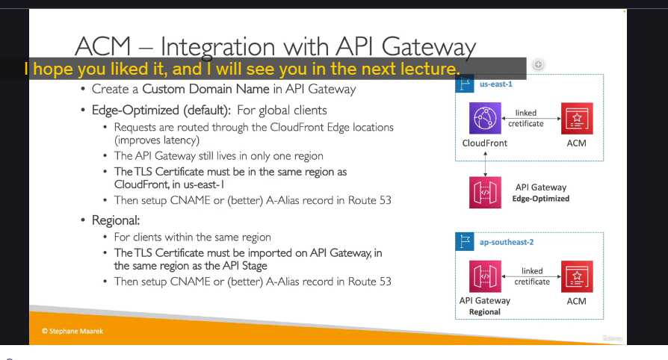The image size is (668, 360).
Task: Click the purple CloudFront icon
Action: click(x=485, y=118)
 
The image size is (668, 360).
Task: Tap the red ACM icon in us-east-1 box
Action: click(x=577, y=118)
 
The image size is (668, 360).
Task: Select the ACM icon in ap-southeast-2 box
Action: click(x=577, y=276)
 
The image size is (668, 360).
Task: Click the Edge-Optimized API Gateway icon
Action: click(x=485, y=192)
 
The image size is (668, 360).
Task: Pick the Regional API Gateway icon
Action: click(x=485, y=276)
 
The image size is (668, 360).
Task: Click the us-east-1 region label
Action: click(x=496, y=84)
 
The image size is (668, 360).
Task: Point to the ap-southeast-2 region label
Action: click(x=507, y=242)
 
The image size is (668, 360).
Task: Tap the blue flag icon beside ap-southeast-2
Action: click(x=465, y=242)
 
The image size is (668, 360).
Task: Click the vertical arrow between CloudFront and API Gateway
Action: click(x=485, y=164)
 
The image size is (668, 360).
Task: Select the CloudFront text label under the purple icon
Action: click(x=485, y=143)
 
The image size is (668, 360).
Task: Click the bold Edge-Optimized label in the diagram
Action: click(x=541, y=199)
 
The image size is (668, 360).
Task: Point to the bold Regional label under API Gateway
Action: click(x=485, y=312)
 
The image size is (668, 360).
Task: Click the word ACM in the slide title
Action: click(x=102, y=46)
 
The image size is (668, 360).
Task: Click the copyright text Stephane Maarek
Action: click(x=72, y=331)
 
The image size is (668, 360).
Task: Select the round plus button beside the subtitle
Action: click(x=538, y=64)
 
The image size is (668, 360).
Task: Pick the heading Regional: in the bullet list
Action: click(x=116, y=220)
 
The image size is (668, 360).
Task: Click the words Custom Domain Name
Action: click(x=205, y=89)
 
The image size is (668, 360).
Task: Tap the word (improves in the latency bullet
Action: click(x=136, y=140)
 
